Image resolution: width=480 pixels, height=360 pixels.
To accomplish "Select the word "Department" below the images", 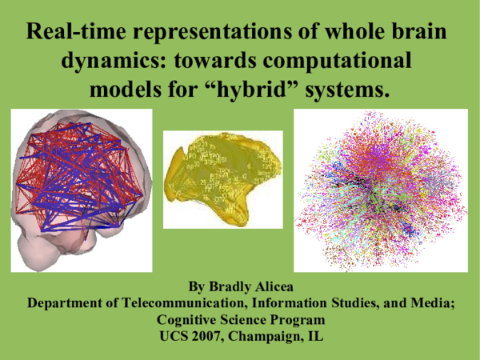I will [x=68, y=304].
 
